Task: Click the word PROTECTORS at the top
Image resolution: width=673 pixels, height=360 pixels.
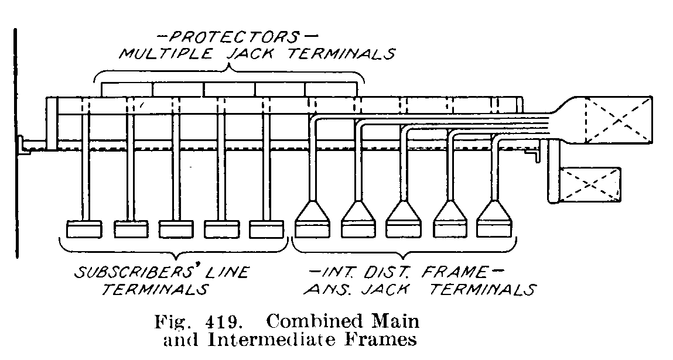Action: [x=227, y=37]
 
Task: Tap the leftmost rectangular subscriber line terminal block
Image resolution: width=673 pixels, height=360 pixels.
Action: [x=84, y=229]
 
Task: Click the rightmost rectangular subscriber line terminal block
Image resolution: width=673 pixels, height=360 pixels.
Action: [x=267, y=229]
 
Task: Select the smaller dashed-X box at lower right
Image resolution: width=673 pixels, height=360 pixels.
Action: [x=590, y=183]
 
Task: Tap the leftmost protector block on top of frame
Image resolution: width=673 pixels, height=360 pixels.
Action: [x=127, y=89]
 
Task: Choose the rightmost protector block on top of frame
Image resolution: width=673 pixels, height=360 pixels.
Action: [x=330, y=89]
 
